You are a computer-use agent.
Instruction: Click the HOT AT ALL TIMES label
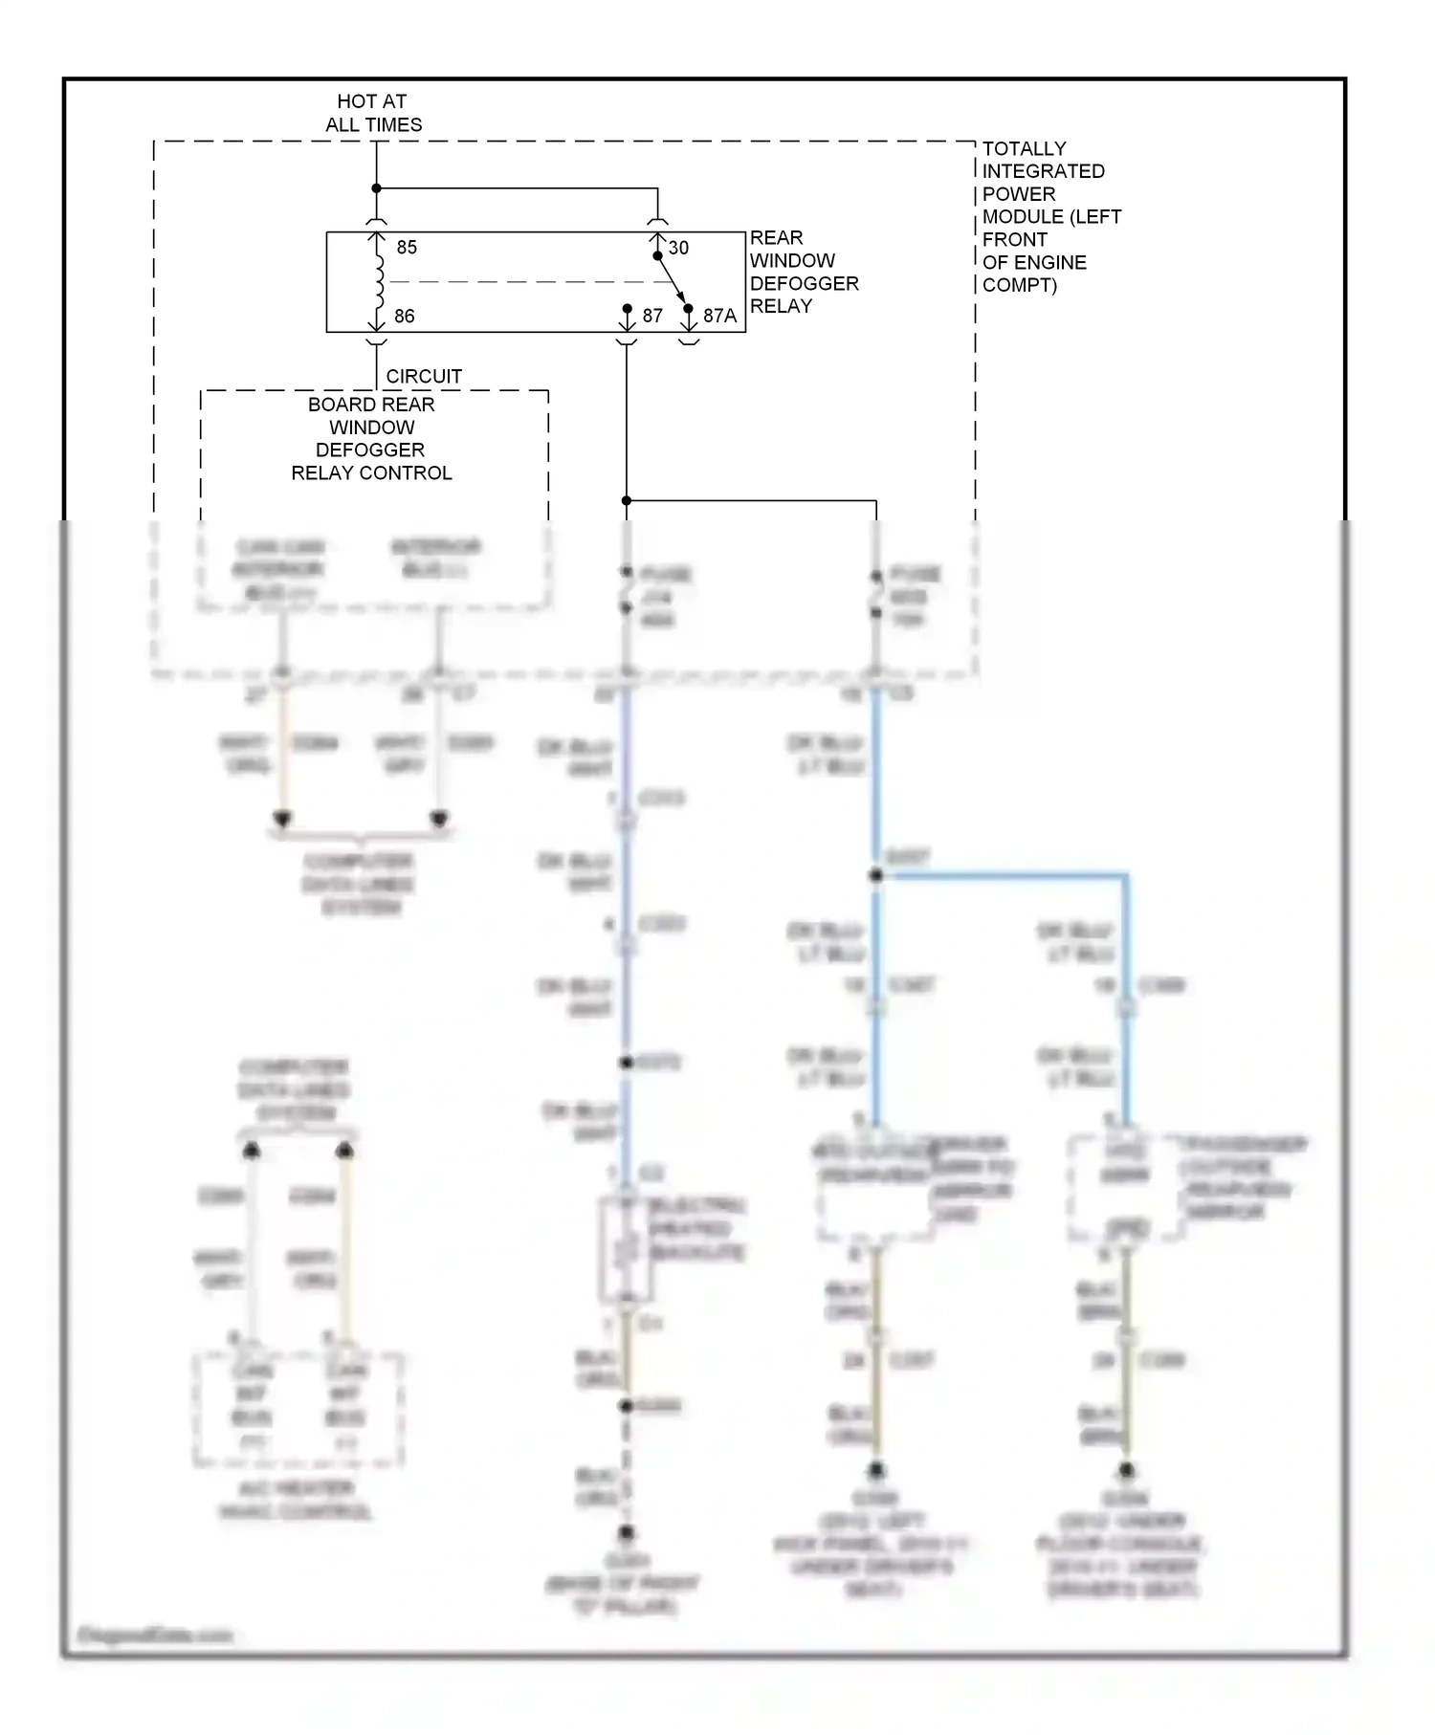click(373, 113)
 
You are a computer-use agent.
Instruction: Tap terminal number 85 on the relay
click(407, 248)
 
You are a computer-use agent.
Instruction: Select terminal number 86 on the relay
click(405, 317)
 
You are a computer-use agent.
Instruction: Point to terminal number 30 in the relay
click(678, 249)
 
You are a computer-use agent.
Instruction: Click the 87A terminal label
click(719, 317)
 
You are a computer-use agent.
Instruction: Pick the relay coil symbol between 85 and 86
click(379, 282)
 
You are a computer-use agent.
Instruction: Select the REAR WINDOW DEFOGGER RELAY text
click(803, 273)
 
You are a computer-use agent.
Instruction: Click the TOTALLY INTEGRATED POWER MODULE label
click(1049, 217)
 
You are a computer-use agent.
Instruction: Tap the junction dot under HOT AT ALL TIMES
click(376, 188)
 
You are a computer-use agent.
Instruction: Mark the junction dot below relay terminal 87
click(627, 500)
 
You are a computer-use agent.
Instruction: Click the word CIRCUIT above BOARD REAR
click(424, 377)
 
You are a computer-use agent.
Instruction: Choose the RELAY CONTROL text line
click(371, 473)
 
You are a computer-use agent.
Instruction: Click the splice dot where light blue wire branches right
click(876, 875)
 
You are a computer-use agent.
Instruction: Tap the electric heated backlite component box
click(626, 1250)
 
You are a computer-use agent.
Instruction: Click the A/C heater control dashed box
click(298, 1409)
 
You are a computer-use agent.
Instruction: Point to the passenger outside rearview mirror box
click(1126, 1188)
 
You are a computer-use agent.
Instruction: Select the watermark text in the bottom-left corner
click(154, 1635)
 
